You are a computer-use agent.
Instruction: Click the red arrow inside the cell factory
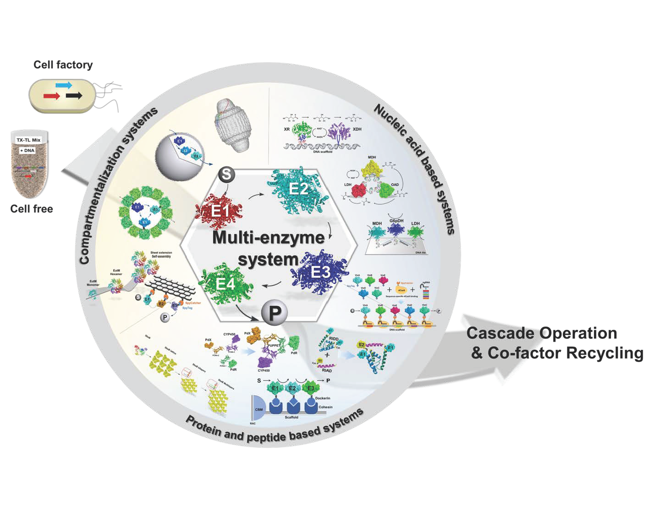click(51, 96)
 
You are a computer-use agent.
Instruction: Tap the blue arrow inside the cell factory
click(64, 85)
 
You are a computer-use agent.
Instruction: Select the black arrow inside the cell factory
click(74, 95)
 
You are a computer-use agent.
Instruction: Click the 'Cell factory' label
click(63, 65)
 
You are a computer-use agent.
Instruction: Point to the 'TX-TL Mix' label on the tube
click(28, 140)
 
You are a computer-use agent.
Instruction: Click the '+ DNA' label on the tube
click(27, 150)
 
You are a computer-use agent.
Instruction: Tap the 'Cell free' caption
click(32, 209)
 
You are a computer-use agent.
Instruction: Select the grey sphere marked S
click(226, 174)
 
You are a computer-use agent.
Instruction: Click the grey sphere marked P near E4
click(275, 313)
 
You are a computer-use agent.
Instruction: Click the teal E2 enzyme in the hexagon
click(298, 189)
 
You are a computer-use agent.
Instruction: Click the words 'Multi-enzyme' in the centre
click(268, 237)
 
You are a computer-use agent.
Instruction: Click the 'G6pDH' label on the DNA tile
click(396, 221)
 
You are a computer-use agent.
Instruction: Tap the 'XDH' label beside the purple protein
click(357, 129)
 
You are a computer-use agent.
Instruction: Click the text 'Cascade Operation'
click(541, 333)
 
